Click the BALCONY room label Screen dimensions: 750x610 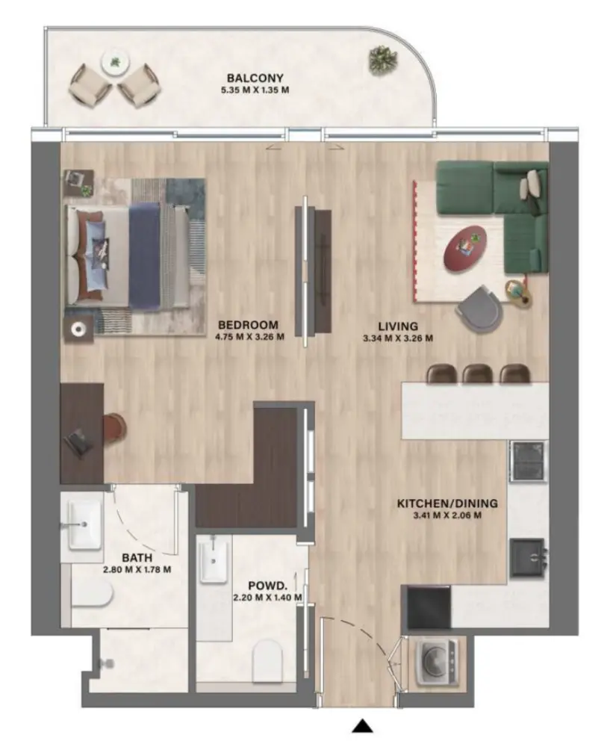[x=256, y=78]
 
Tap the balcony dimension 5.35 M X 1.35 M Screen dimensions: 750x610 [x=256, y=90]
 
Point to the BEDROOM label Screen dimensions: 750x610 [x=248, y=325]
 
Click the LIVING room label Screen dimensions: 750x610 [x=397, y=326]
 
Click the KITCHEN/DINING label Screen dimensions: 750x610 [x=447, y=503]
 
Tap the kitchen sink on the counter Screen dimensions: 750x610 [x=529, y=557]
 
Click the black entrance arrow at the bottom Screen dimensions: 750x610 [x=363, y=725]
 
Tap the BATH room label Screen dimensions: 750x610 [x=137, y=557]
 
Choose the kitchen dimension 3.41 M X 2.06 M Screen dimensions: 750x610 [x=447, y=515]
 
